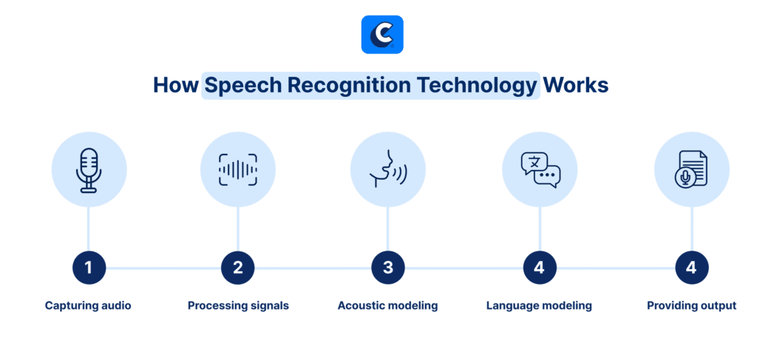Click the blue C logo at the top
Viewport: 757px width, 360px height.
point(382,34)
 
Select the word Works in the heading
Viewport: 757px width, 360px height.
point(575,86)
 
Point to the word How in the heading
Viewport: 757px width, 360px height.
point(175,86)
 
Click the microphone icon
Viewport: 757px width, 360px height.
point(89,170)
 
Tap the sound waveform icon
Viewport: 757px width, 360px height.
point(237,170)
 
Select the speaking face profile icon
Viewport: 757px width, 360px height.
point(387,169)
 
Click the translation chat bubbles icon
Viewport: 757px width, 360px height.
point(540,170)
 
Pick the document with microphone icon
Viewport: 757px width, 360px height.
point(691,169)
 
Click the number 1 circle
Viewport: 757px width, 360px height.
point(89,268)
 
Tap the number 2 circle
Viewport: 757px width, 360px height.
point(237,268)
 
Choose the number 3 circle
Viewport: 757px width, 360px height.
point(388,268)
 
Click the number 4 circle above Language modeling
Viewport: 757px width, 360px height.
point(540,268)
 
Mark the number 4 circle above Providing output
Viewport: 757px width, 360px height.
point(692,268)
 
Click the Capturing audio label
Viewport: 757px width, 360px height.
point(88,306)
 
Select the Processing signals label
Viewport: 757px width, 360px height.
point(238,306)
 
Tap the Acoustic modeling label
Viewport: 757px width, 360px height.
point(387,306)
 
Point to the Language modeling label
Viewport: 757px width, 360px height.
point(539,306)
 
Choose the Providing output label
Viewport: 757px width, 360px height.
point(691,306)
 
